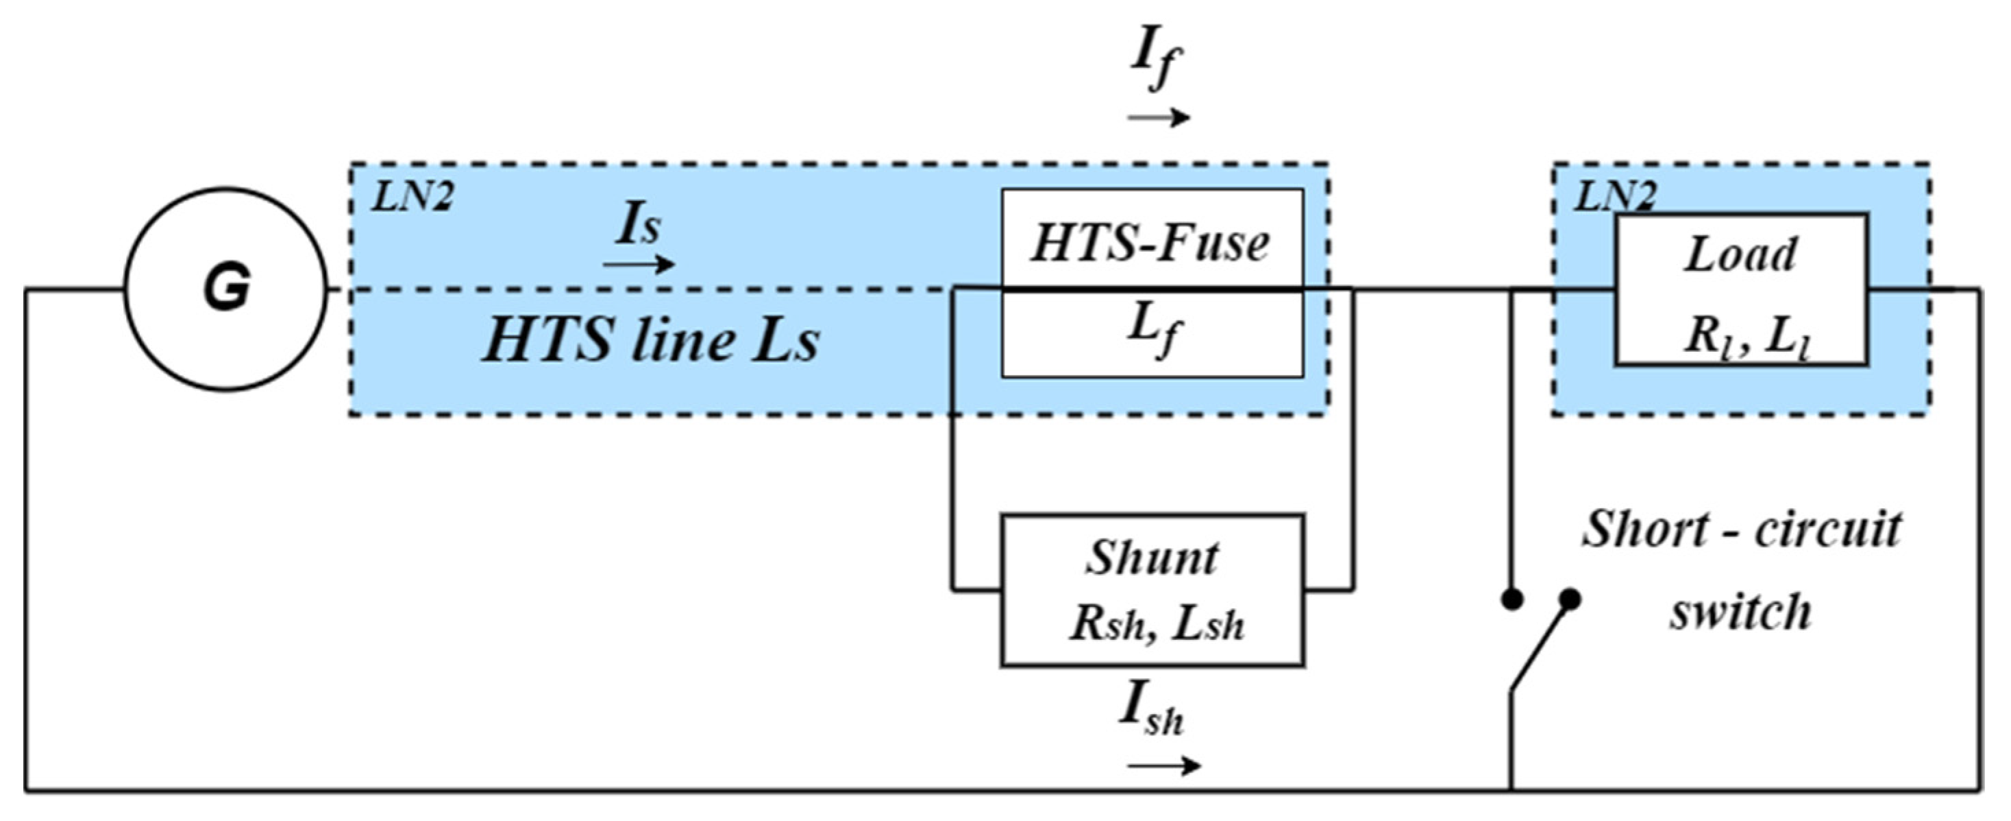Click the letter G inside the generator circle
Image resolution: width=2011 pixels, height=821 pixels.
[226, 288]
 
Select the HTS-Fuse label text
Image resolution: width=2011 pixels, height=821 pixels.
[1150, 243]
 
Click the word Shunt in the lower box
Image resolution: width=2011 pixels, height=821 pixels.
[1152, 558]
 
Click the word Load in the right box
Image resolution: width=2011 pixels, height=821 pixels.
[1740, 255]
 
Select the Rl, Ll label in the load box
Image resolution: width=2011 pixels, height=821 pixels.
[1747, 337]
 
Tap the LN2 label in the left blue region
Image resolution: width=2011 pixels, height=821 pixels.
[411, 197]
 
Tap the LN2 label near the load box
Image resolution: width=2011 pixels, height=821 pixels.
[1614, 197]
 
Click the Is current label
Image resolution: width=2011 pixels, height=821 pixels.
[639, 225]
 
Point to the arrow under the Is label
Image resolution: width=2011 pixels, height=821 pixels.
[639, 265]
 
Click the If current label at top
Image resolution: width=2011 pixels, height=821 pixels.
[1157, 61]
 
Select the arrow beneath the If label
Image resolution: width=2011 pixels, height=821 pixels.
[1159, 118]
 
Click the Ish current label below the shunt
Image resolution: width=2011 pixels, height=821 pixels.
[1152, 709]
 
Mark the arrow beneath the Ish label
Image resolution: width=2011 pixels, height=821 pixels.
[1163, 766]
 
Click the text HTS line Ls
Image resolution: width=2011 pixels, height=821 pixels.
[650, 342]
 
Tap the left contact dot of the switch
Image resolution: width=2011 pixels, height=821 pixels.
[1512, 599]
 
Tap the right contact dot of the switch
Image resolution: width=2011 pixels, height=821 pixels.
[1570, 599]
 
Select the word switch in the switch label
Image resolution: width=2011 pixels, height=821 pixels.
[1740, 612]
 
